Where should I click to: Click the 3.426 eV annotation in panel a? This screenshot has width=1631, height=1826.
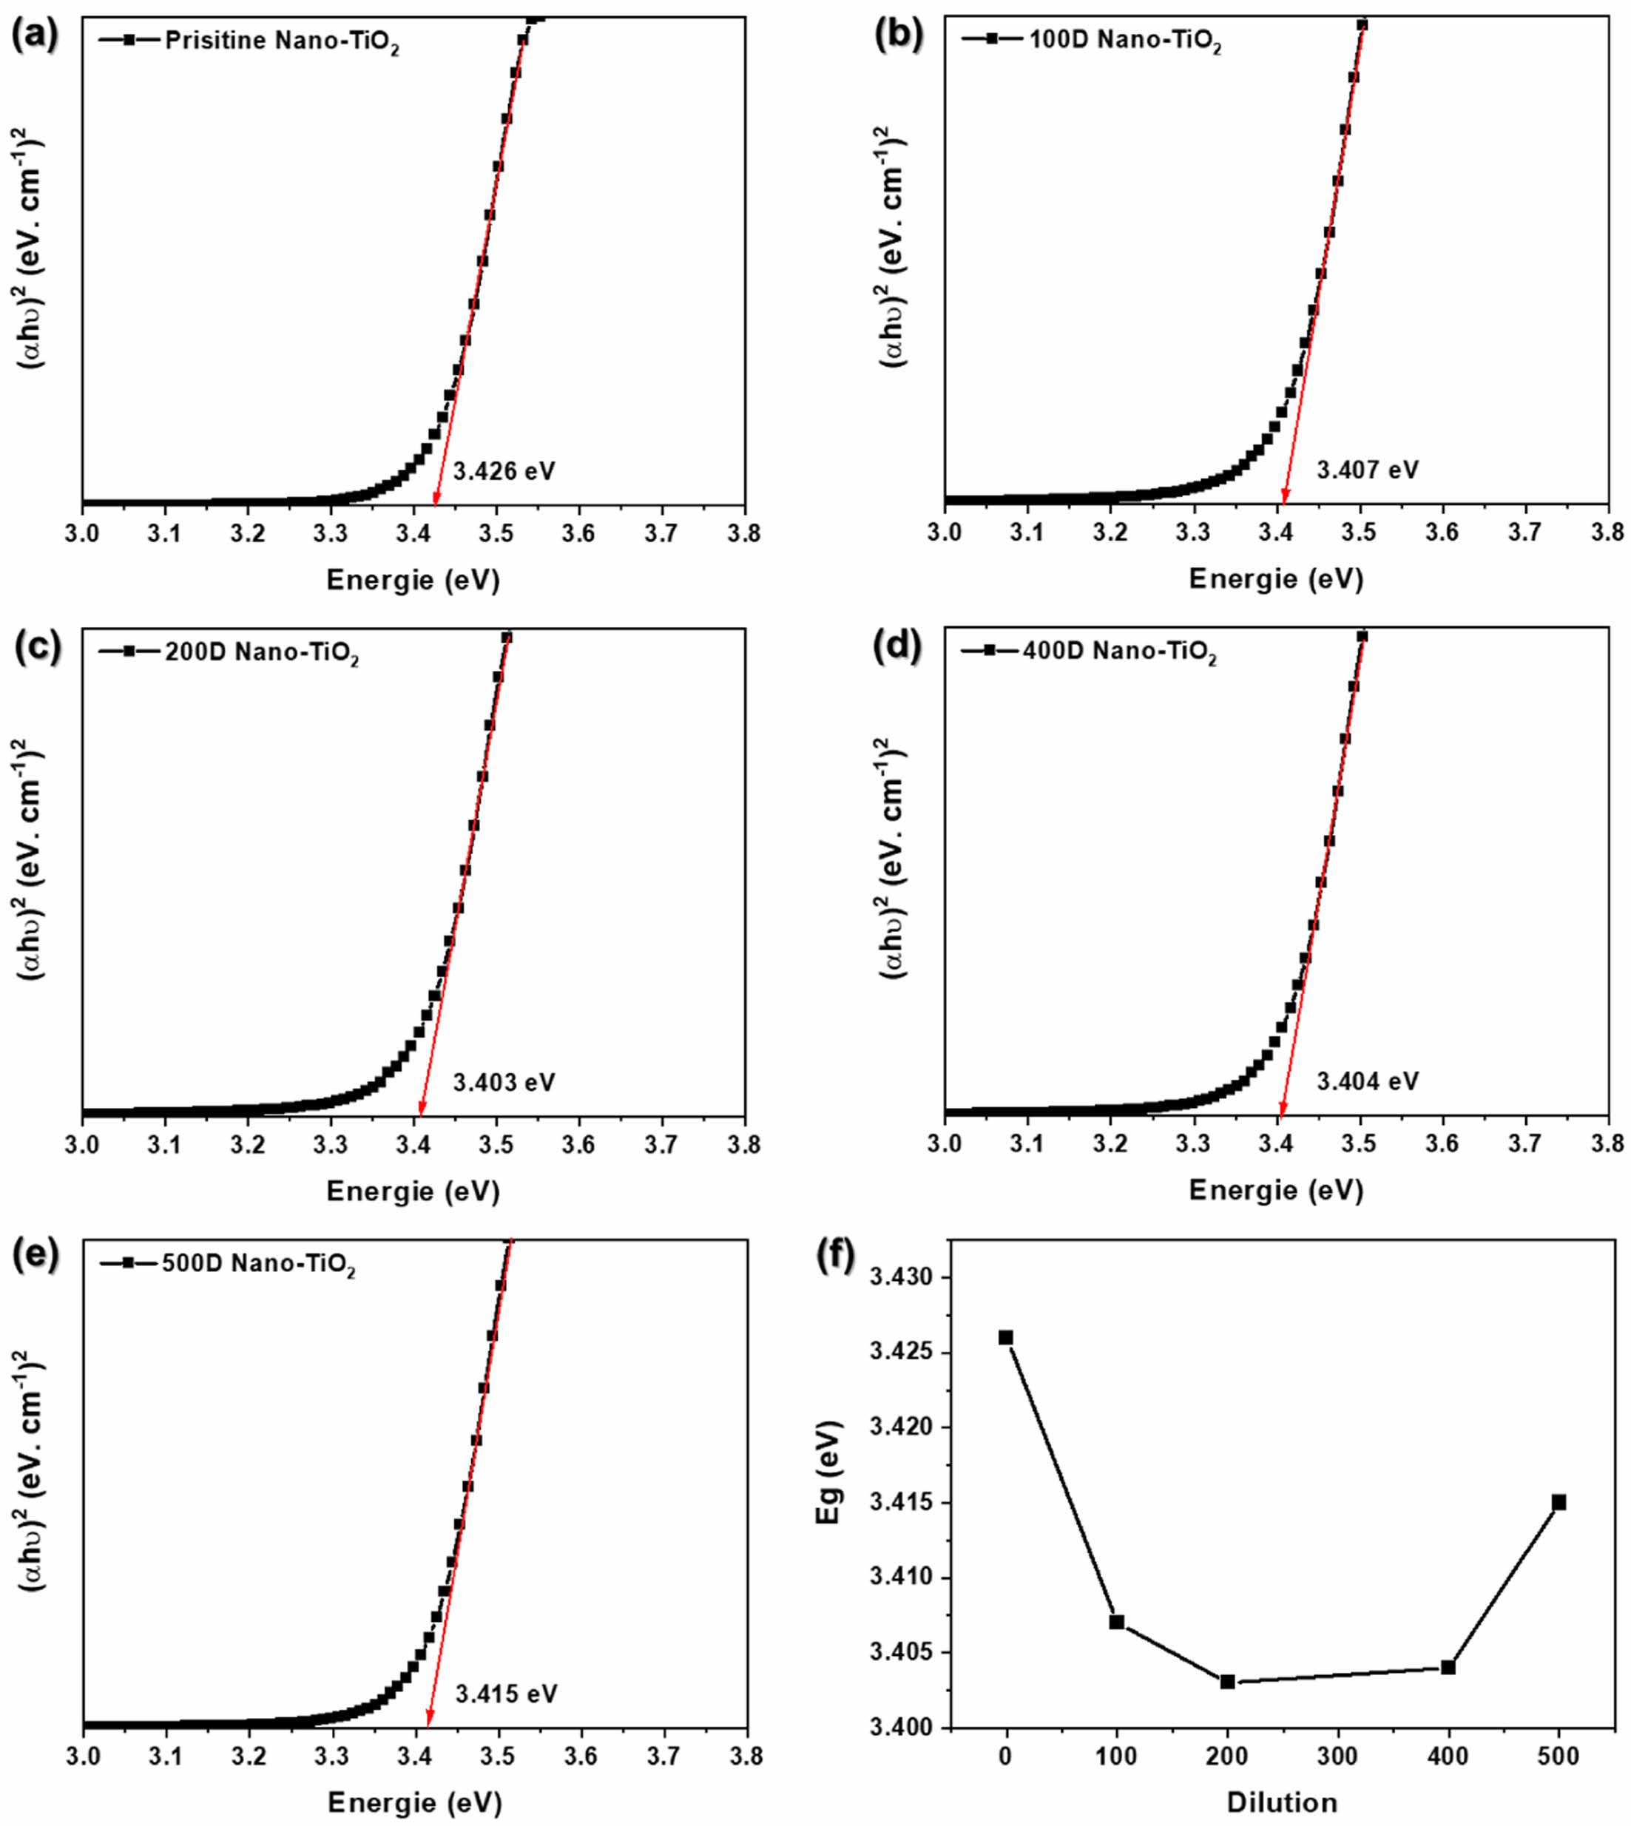click(504, 470)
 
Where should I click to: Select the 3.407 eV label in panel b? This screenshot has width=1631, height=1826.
click(1368, 470)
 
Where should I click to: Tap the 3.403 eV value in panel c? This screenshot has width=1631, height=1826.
click(504, 1082)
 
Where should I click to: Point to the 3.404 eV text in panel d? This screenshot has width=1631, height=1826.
click(1368, 1081)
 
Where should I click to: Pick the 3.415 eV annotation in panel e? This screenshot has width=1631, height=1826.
click(507, 1694)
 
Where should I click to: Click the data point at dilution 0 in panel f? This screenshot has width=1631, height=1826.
click(1005, 1338)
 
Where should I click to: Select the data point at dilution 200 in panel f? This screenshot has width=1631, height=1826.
click(1228, 1682)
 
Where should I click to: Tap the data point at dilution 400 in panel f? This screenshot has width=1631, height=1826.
click(1448, 1668)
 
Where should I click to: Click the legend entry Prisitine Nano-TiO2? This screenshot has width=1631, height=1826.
click(281, 42)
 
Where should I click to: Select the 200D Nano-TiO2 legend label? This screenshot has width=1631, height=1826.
click(261, 653)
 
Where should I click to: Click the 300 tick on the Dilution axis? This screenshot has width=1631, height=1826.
click(1339, 1759)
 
